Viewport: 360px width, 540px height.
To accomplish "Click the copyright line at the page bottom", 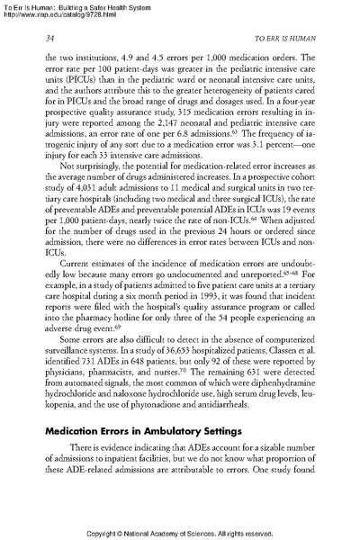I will [179, 532].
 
